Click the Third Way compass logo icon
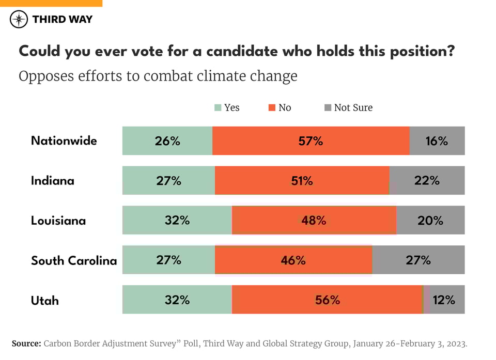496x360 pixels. [19, 20]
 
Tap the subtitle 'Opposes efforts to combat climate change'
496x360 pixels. [158, 76]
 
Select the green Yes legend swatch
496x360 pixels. [218, 108]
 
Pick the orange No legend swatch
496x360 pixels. [272, 108]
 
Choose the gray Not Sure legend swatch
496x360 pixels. [328, 108]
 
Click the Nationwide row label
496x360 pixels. [64, 140]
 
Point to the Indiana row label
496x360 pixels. [53, 180]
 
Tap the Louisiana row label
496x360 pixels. [58, 221]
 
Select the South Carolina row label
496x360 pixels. [74, 260]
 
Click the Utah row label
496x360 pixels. [45, 300]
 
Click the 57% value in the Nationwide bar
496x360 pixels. [311, 140]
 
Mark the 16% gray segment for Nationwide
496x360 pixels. [437, 140]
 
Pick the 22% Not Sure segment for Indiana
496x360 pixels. [427, 180]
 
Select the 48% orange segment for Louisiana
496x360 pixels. [314, 221]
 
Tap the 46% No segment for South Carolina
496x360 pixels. [293, 260]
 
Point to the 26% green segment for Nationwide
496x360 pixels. [167, 140]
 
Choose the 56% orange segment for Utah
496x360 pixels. [327, 300]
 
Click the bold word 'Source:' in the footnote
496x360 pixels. [26, 343]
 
